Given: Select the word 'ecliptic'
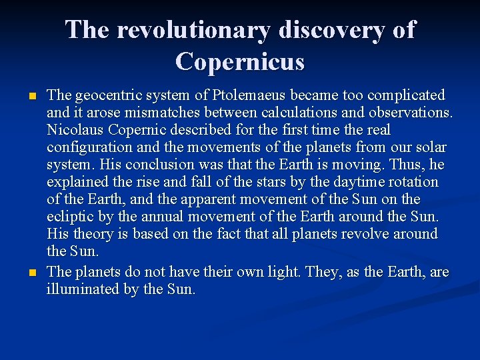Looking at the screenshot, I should pyautogui.click(x=70, y=217).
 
